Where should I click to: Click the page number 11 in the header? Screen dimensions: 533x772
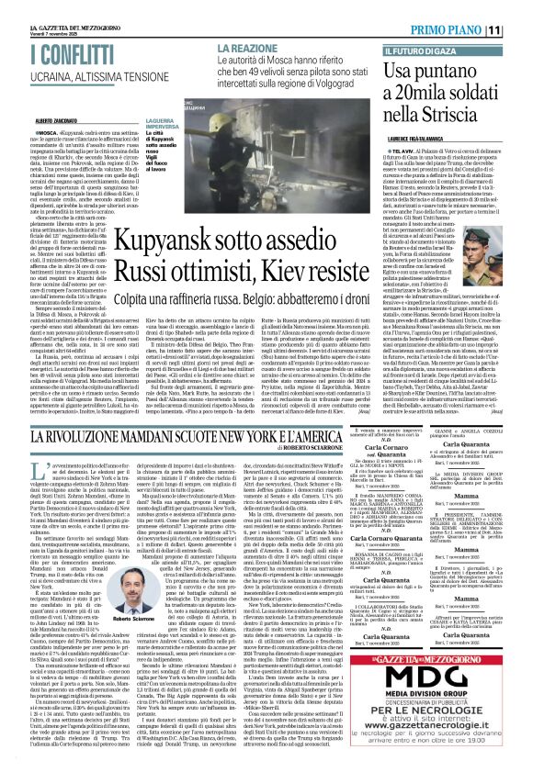tap(519, 28)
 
